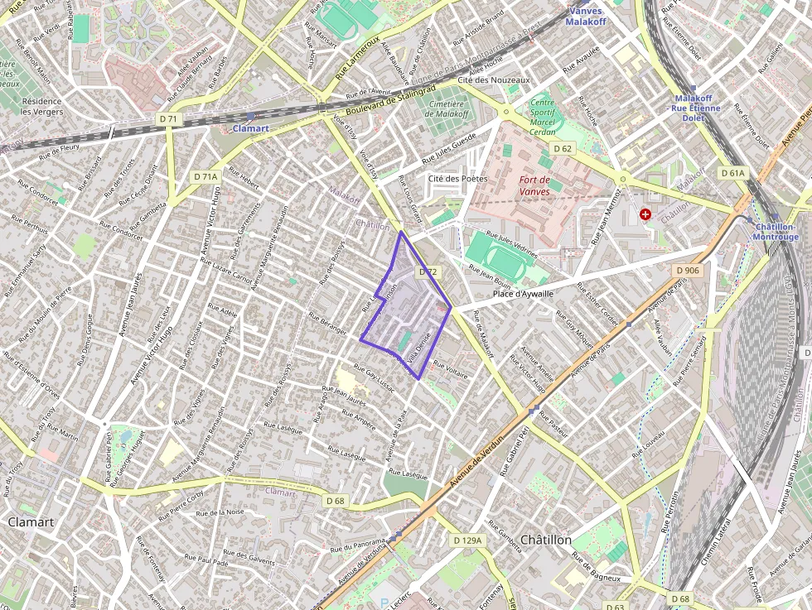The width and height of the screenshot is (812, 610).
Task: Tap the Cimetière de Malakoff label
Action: [x=447, y=108]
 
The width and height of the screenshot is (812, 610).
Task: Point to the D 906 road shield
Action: [x=688, y=271]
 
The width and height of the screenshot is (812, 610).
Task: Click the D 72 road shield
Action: [x=428, y=271]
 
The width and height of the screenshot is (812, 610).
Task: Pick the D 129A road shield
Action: [x=467, y=540]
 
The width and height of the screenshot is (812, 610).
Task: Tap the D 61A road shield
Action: [x=733, y=173]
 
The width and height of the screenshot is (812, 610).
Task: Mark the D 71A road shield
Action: [x=205, y=176]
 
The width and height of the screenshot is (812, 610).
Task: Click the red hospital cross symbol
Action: [x=645, y=214]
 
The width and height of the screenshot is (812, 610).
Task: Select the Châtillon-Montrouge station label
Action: [x=774, y=232]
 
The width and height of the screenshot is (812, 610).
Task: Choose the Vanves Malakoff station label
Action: [x=587, y=16]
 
